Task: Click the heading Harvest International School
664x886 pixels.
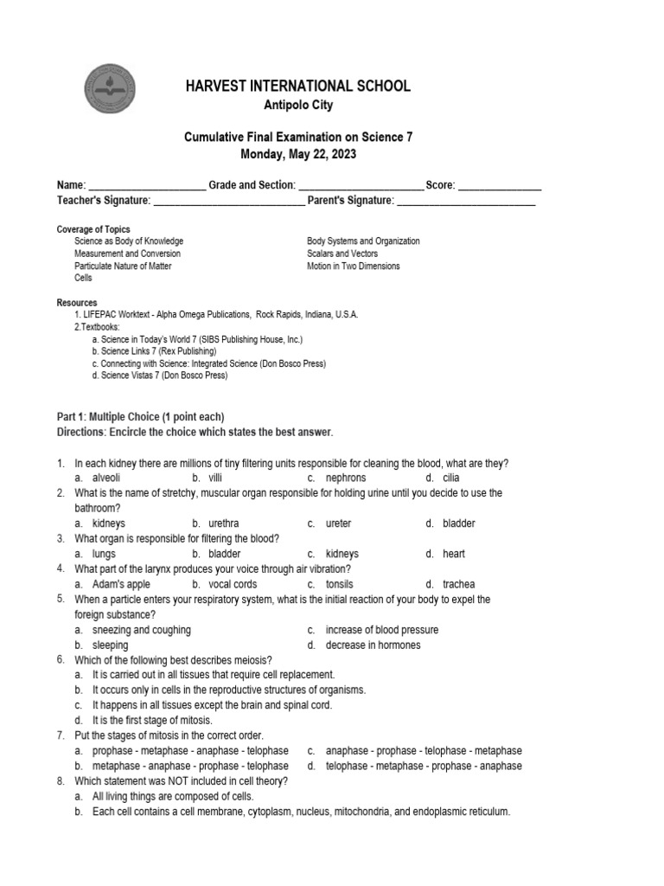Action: point(297,86)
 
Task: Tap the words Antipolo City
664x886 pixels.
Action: point(297,106)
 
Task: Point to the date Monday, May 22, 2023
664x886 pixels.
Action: point(297,154)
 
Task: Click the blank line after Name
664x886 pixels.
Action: point(147,186)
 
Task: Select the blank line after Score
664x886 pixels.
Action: point(499,186)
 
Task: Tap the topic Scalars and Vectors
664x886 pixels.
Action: point(342,254)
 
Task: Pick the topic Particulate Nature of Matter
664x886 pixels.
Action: point(123,266)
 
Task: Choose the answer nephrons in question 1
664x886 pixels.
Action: point(346,478)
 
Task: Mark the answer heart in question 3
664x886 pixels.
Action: point(454,554)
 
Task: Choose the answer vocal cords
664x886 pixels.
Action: point(233,584)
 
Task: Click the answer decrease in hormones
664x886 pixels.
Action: point(373,645)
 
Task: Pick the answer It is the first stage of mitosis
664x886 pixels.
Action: point(152,720)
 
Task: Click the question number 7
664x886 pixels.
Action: point(61,735)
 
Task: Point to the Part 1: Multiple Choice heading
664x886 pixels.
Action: point(140,416)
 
